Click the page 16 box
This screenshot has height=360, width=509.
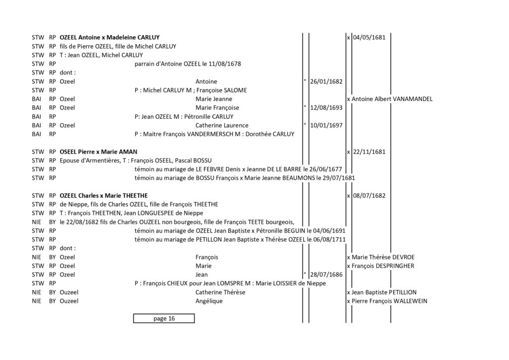164,318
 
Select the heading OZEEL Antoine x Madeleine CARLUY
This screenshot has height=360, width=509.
110,37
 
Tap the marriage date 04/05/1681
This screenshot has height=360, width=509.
369,37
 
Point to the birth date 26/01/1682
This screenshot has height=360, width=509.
326,82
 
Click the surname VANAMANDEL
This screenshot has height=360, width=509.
412,99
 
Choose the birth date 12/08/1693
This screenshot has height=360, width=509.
326,108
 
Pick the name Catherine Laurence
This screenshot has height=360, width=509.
222,125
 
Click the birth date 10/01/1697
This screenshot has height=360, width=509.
326,125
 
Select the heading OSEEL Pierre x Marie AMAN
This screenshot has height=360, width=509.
98,152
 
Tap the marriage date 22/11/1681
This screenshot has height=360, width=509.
369,152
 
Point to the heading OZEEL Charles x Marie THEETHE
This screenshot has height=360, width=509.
103,196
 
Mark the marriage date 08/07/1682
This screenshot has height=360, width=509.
369,196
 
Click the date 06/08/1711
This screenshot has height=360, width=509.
330,240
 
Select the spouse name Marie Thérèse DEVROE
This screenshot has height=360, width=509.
383,257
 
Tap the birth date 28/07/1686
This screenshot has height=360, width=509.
326,274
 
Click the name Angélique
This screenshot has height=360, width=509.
209,301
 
